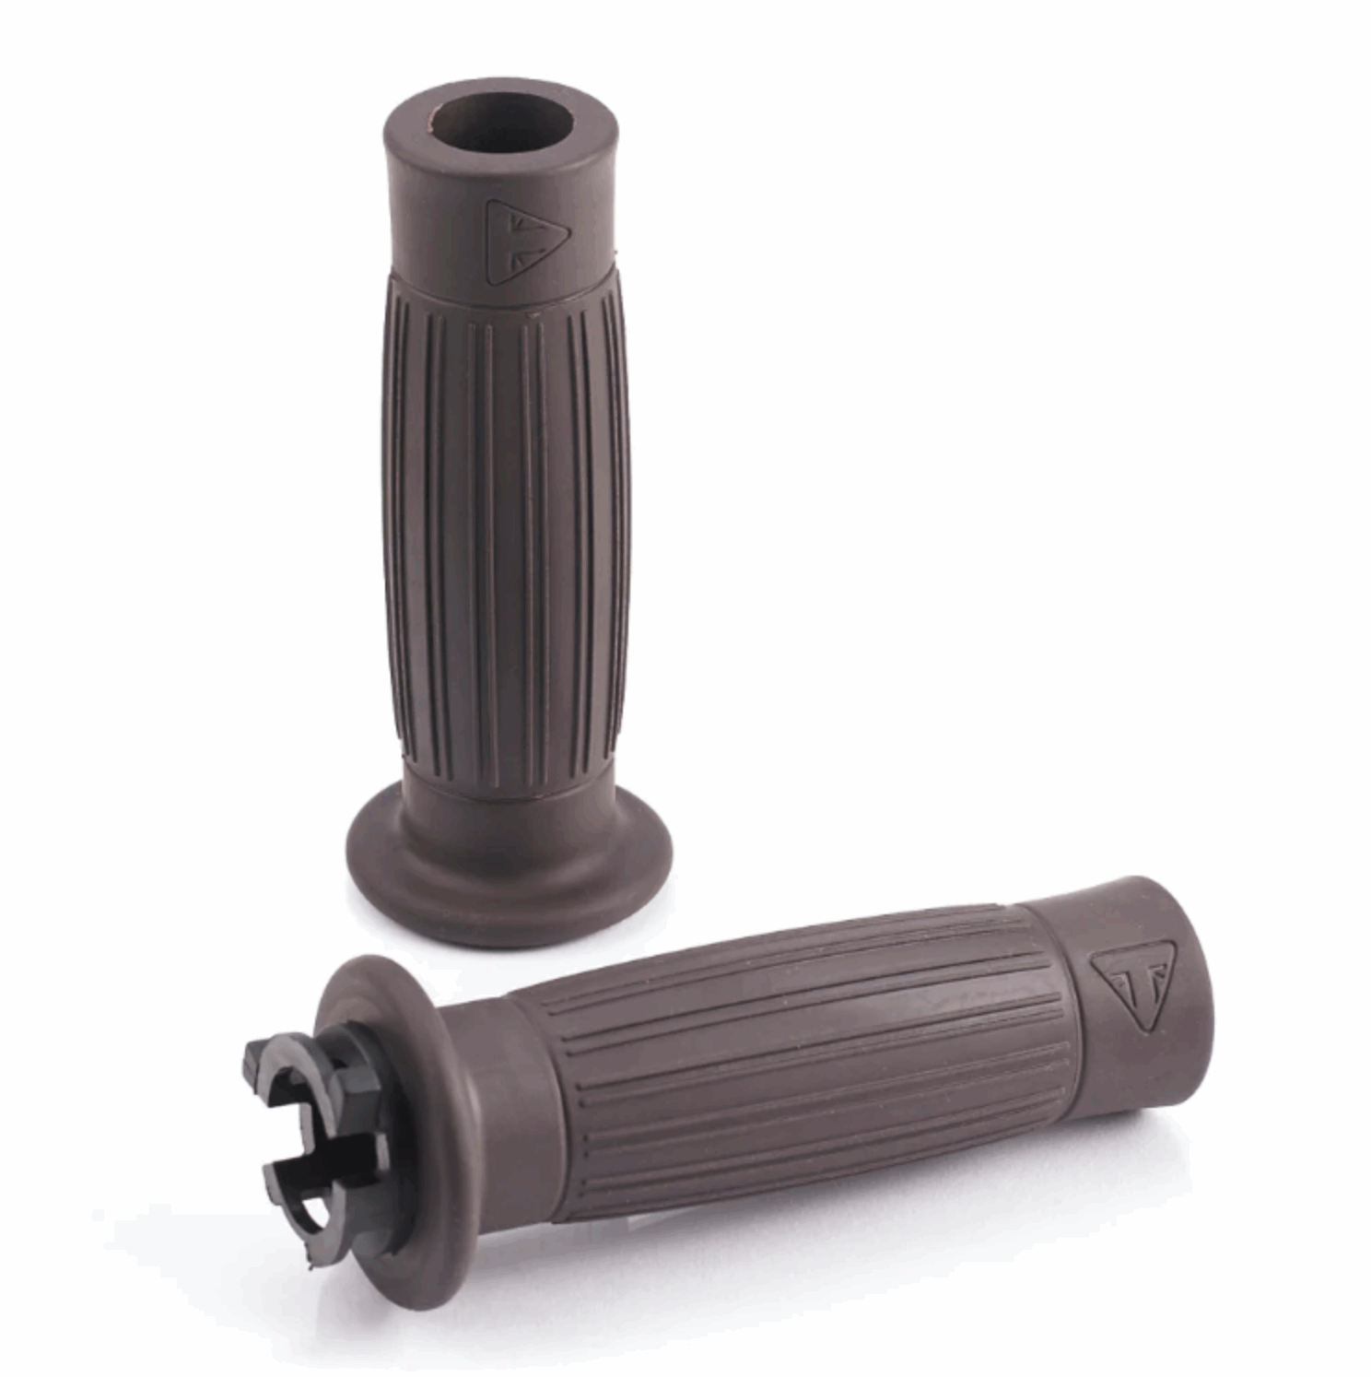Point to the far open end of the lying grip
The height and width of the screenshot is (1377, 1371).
point(1189,949)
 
